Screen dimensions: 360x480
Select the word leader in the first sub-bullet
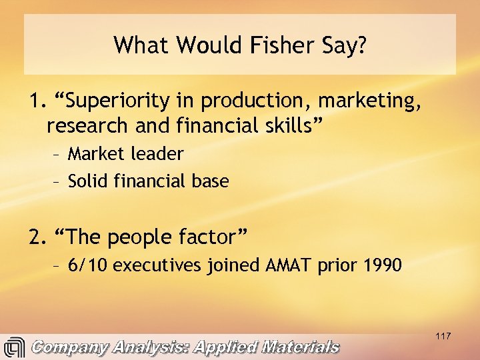pyautogui.click(x=158, y=154)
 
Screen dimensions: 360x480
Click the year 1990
pyautogui.click(x=383, y=265)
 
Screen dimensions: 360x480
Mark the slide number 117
pyautogui.click(x=443, y=336)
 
